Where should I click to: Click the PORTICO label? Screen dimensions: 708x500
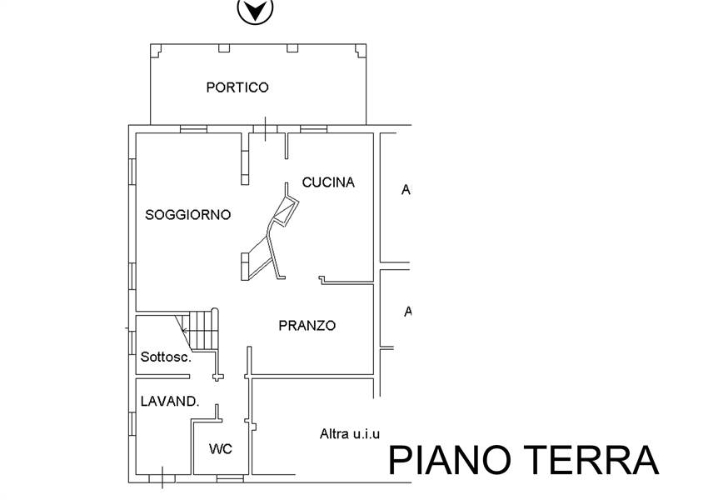tap(237, 87)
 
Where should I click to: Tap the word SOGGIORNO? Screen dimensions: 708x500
tap(188, 214)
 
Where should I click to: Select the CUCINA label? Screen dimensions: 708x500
tap(328, 182)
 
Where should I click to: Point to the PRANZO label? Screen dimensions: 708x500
tap(307, 325)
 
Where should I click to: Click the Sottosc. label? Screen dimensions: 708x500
tap(166, 357)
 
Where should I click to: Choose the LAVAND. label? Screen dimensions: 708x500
tap(170, 401)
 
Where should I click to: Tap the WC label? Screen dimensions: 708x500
tap(221, 449)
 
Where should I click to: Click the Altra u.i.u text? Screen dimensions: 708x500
tap(350, 434)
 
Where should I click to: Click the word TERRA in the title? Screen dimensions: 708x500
tap(591, 460)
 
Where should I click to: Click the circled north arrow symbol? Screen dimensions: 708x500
tap(255, 10)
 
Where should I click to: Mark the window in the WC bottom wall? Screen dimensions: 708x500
tap(230, 478)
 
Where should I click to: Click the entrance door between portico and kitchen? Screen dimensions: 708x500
tap(265, 129)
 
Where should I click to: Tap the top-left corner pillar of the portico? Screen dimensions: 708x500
tap(155, 50)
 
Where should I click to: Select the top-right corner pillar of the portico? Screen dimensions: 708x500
tap(361, 50)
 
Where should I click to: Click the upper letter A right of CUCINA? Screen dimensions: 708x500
tap(406, 190)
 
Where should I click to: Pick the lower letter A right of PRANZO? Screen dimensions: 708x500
tap(408, 311)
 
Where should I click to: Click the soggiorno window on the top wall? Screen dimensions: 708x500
tap(194, 129)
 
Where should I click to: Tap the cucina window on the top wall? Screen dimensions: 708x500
tap(314, 129)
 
